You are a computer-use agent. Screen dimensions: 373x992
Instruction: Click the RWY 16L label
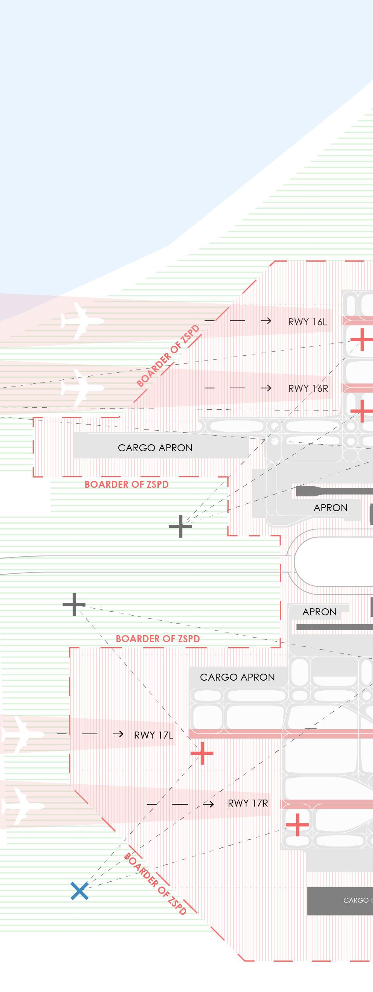tap(307, 322)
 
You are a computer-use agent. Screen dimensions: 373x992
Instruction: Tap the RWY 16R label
tap(308, 388)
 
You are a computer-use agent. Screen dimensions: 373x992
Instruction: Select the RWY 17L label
tap(154, 735)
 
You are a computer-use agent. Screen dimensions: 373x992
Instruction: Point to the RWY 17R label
tap(248, 803)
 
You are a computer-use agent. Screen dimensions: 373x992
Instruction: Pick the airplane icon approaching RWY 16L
tap(82, 321)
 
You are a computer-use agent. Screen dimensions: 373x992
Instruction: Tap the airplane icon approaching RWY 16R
tap(82, 388)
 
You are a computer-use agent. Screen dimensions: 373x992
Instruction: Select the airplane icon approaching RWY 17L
tap(21, 734)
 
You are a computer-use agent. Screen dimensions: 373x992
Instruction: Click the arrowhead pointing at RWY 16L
tap(266, 321)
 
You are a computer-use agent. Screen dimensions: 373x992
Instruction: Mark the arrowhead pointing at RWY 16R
tap(266, 388)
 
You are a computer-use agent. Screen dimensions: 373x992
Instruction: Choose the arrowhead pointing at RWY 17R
tap(209, 804)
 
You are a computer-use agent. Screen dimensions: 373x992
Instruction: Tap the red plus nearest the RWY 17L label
tap(202, 753)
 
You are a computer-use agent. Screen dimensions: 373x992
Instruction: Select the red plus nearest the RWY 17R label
tap(297, 824)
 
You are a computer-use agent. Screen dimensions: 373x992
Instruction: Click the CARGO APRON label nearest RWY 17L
tap(237, 677)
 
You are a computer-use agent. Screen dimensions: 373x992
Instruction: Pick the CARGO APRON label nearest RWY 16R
tap(155, 448)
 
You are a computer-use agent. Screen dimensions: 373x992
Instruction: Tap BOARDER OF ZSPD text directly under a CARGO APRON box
tap(127, 484)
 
